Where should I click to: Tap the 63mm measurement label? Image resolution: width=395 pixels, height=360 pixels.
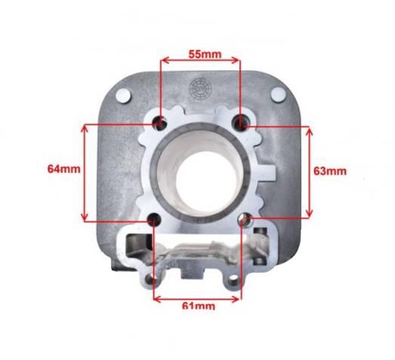pyautogui.click(x=330, y=171)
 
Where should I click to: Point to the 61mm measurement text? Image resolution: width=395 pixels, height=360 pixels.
pyautogui.click(x=199, y=306)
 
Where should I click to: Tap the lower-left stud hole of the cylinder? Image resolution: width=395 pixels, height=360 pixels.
pyautogui.click(x=154, y=220)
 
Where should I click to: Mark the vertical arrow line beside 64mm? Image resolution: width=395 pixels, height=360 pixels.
pyautogui.click(x=85, y=172)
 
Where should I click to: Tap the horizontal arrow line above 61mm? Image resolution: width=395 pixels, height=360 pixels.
pyautogui.click(x=199, y=297)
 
